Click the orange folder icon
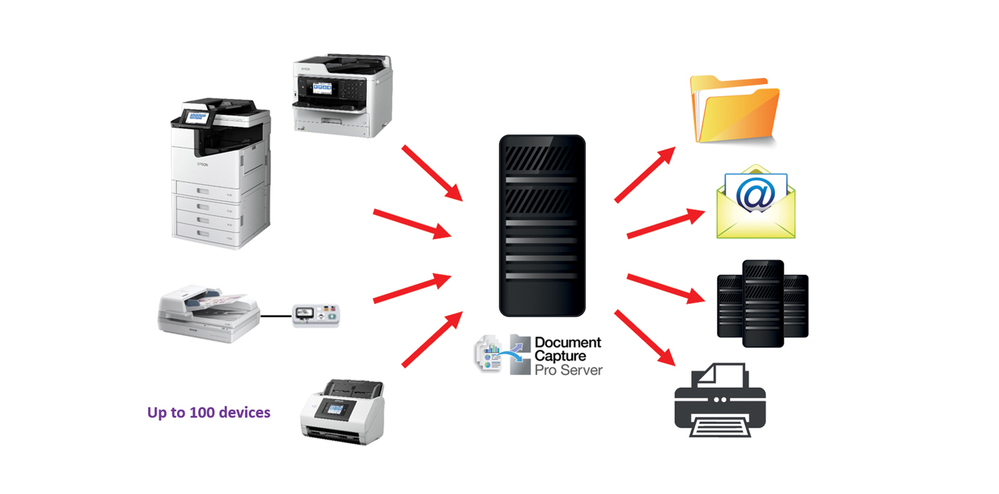pyautogui.click(x=734, y=111)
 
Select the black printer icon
pyautogui.click(x=720, y=399)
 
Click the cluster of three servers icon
pyautogui.click(x=763, y=303)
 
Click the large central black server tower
pyautogui.click(x=542, y=226)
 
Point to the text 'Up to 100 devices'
pyautogui.click(x=208, y=413)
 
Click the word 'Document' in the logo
pyautogui.click(x=567, y=343)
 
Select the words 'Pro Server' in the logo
pyautogui.click(x=568, y=370)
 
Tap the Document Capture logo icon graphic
pyautogui.click(x=500, y=353)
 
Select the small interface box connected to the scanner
pyautogui.click(x=316, y=315)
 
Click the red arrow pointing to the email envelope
pyautogui.click(x=661, y=223)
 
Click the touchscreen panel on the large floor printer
pyautogui.click(x=194, y=116)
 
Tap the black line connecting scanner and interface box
pyautogui.click(x=276, y=315)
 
